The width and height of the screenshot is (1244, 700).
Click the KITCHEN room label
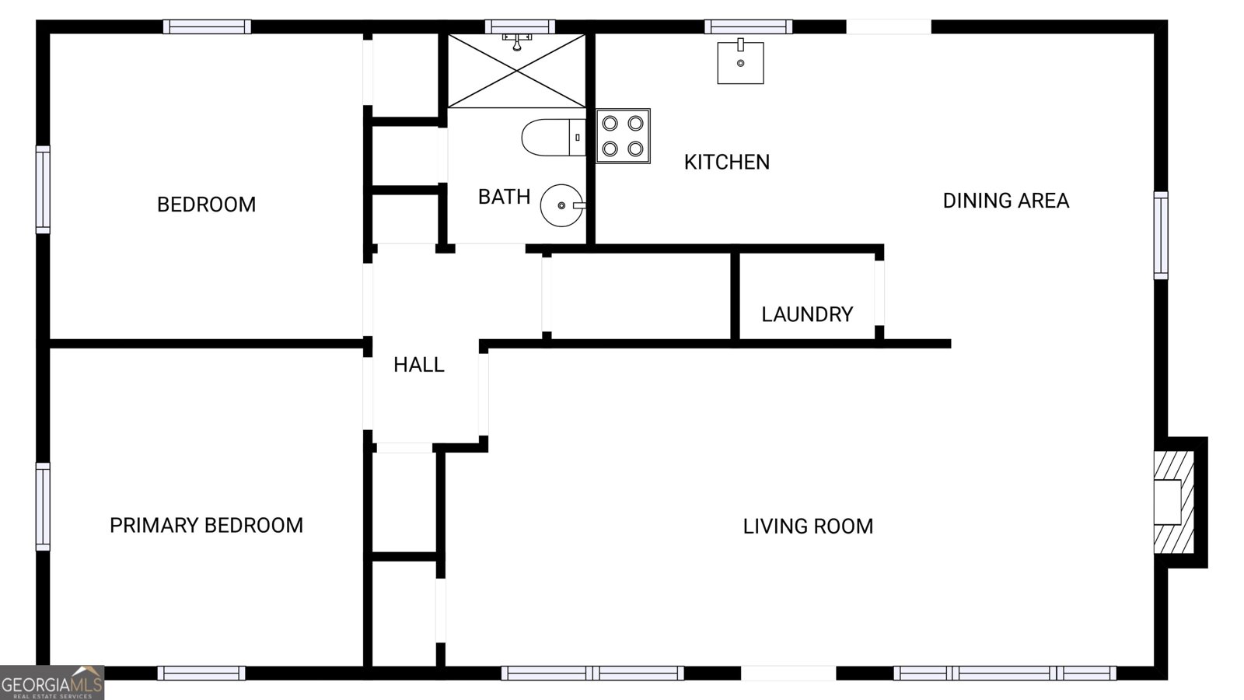click(726, 162)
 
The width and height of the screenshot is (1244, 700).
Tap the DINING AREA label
click(1005, 201)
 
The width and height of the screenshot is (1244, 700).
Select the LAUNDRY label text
click(806, 314)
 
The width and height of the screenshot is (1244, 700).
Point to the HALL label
click(418, 365)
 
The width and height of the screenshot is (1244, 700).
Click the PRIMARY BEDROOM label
click(206, 526)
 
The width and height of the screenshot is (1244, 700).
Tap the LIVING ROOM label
click(808, 527)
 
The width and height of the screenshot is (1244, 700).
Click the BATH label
click(504, 197)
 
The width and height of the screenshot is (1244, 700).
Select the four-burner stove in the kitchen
click(623, 136)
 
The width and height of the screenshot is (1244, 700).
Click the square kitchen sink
click(739, 62)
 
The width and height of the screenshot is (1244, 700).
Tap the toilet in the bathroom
click(552, 137)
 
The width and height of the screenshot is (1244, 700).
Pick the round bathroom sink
click(561, 205)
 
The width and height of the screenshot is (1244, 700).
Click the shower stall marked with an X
click(516, 71)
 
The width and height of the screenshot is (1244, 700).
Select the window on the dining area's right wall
click(1160, 235)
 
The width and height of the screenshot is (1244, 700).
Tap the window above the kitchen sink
click(748, 26)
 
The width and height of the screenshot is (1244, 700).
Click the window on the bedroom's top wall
click(207, 26)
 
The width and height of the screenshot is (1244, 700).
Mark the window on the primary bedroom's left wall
click(43, 506)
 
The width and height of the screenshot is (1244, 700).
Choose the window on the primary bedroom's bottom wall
click(201, 673)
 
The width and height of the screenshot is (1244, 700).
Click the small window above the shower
click(520, 26)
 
